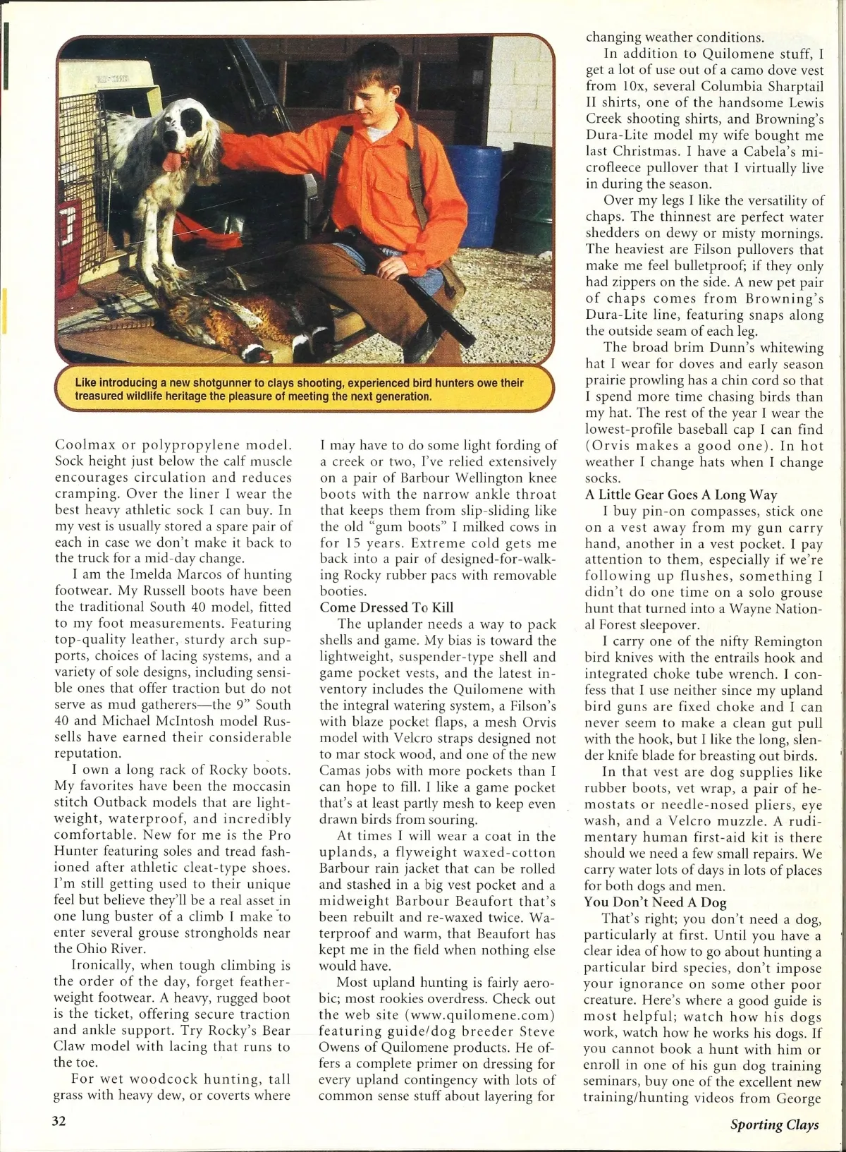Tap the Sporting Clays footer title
(x=774, y=1124)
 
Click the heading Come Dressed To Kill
(x=386, y=607)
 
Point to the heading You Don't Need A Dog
(x=655, y=902)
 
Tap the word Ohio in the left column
(x=90, y=949)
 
